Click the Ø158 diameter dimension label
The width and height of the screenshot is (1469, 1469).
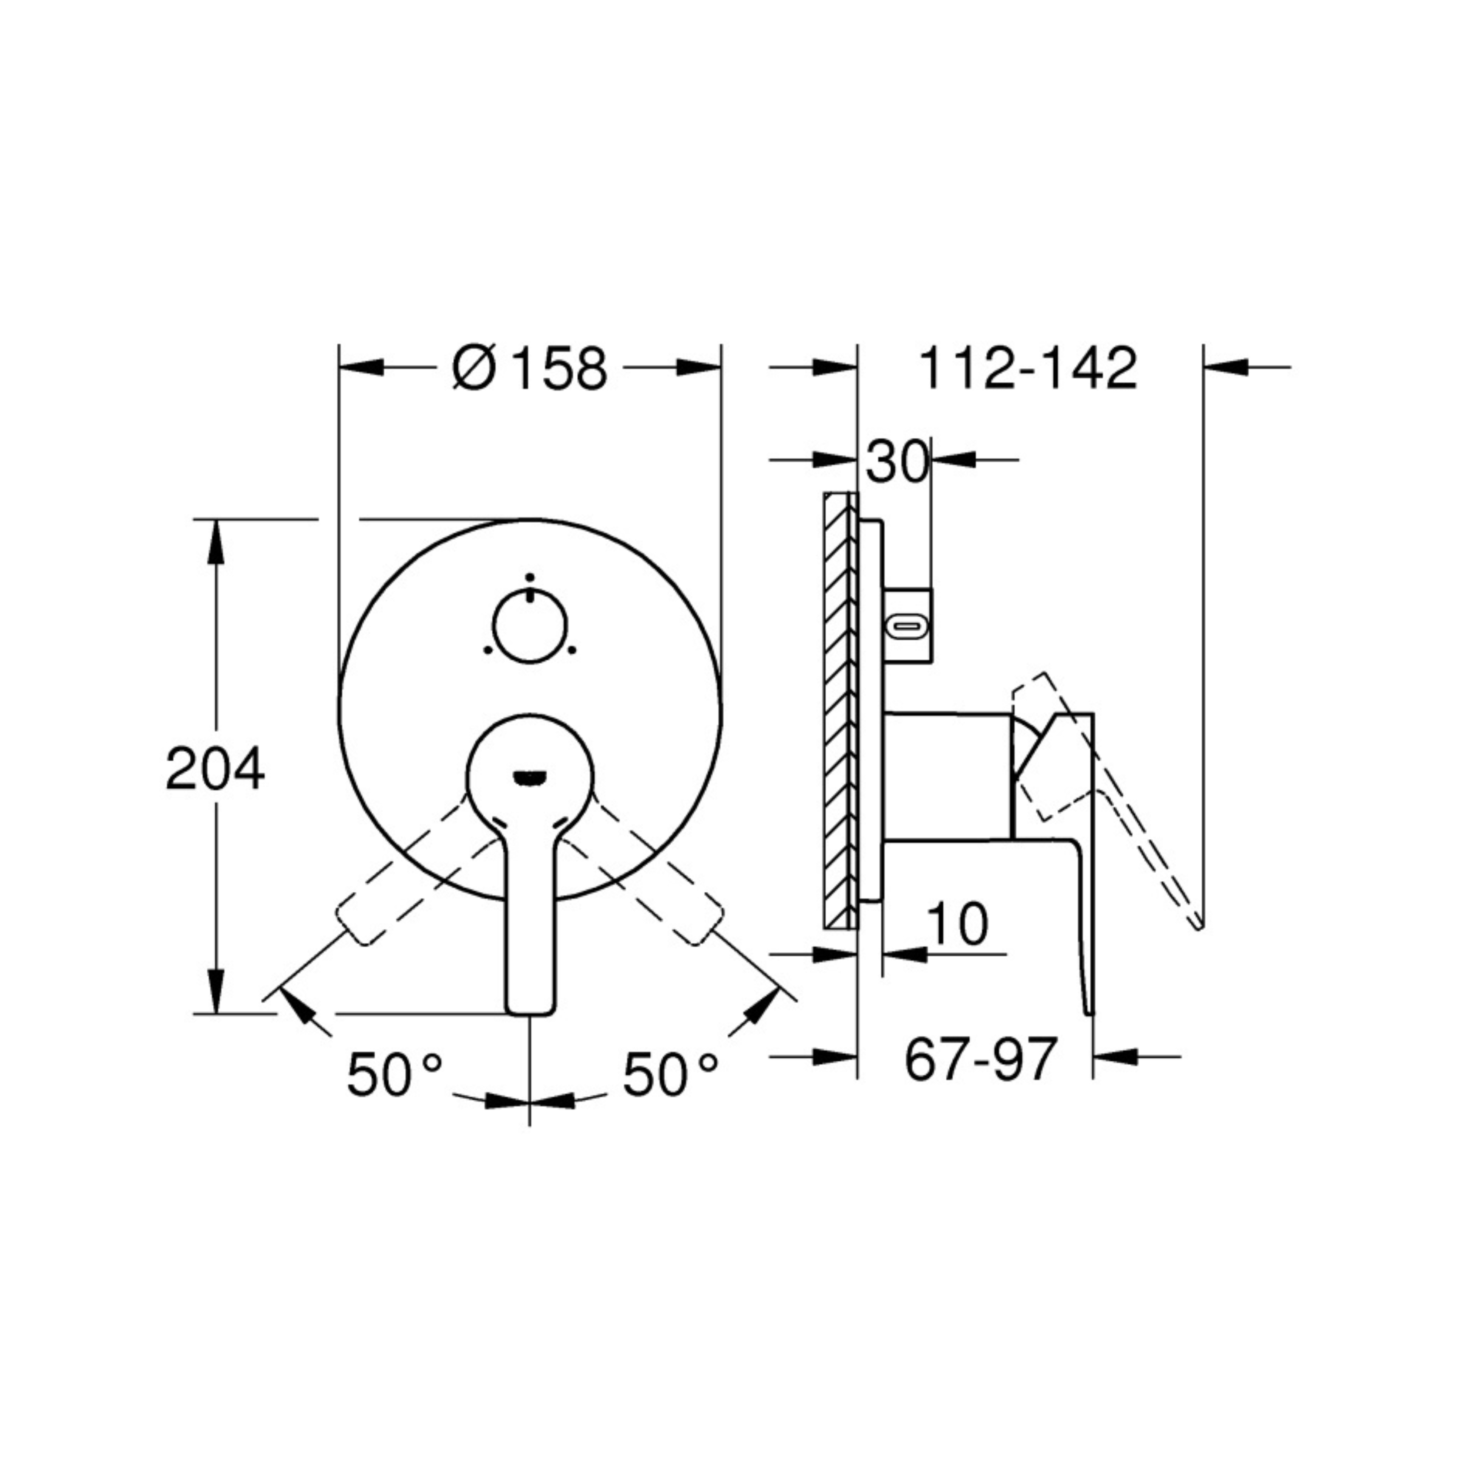[530, 369]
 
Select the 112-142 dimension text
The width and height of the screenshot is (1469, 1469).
[1028, 369]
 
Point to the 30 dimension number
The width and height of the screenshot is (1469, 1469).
[897, 461]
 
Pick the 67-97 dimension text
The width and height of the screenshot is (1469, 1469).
[981, 1059]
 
